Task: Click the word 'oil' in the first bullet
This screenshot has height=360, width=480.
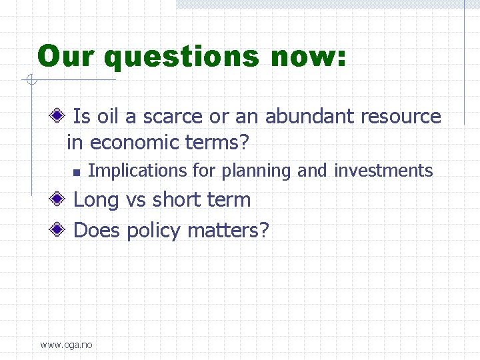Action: point(107,117)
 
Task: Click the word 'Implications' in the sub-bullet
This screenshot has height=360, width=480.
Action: point(138,171)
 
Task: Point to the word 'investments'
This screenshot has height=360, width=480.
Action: point(383,171)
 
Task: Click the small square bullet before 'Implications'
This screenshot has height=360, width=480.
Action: point(76,173)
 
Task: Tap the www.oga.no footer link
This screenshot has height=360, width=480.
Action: point(67,345)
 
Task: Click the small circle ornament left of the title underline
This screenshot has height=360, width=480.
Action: point(30,81)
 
